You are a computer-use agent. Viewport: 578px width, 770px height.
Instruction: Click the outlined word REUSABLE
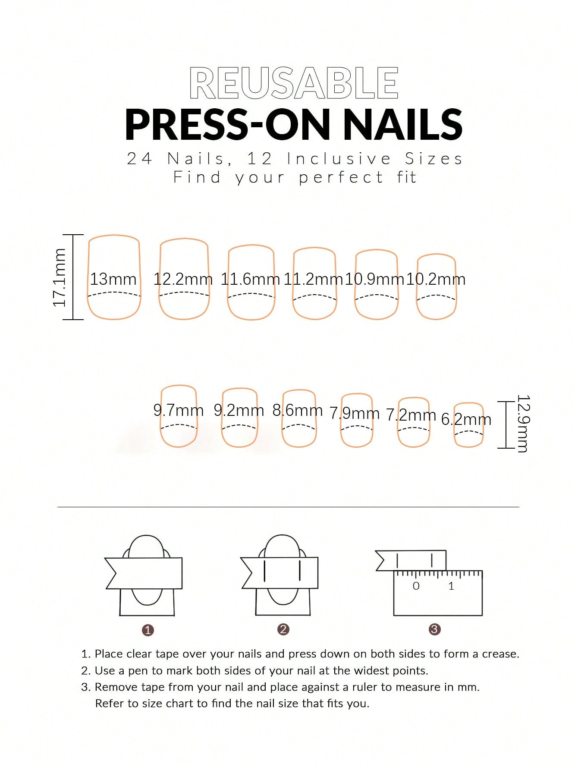[x=293, y=83]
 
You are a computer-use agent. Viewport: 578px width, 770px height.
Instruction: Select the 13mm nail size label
[x=113, y=279]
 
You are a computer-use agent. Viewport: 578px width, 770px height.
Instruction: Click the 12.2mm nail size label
[x=183, y=279]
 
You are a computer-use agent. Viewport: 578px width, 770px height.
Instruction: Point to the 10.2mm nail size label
[x=436, y=279]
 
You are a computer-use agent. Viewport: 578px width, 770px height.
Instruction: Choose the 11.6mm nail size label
[x=250, y=279]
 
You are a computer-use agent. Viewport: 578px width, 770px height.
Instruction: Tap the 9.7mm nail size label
[x=179, y=410]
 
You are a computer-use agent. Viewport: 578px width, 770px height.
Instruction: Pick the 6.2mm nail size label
[x=466, y=419]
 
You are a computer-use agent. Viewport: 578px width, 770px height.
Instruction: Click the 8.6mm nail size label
[x=298, y=410]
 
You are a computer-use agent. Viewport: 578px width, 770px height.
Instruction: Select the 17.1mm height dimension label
[x=60, y=278]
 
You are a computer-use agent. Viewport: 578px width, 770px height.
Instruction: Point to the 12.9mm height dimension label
[x=523, y=424]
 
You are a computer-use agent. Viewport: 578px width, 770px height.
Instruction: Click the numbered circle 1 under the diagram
[x=148, y=630]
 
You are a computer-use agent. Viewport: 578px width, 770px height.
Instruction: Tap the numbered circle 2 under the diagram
[x=283, y=629]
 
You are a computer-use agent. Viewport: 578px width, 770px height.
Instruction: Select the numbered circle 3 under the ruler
[x=434, y=629]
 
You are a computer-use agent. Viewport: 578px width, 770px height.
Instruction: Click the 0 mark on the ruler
[x=416, y=586]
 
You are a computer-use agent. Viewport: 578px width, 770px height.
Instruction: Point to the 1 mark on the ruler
[x=451, y=586]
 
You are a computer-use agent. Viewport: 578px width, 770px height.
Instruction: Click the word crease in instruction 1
[x=500, y=654]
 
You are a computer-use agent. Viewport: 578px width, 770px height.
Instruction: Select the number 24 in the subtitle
[x=139, y=159]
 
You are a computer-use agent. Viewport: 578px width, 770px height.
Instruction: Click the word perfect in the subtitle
[x=341, y=178]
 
